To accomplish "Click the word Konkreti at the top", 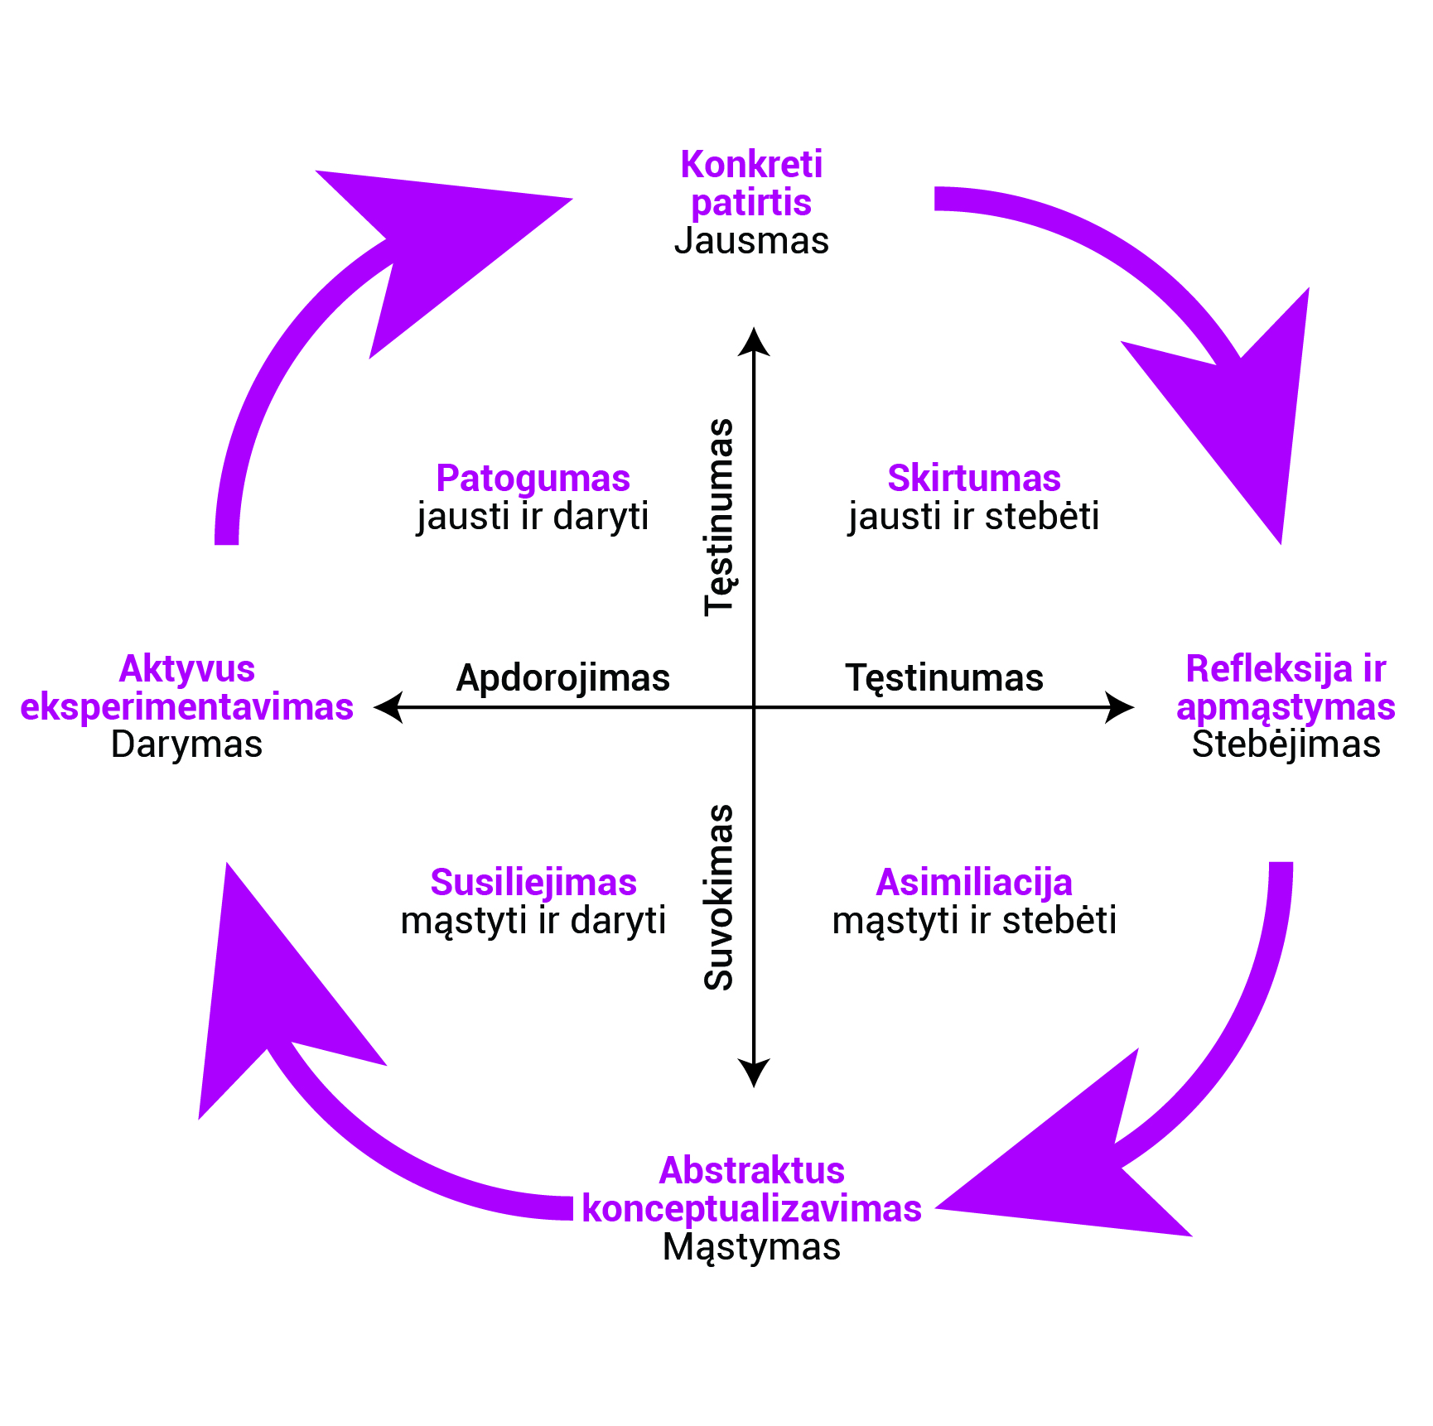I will tap(751, 165).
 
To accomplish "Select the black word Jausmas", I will tap(751, 241).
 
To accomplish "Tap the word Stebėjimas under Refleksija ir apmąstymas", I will tap(1286, 744).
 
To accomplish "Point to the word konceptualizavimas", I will tap(751, 1208).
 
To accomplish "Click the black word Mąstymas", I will tap(751, 1246).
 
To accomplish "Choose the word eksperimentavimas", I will tap(187, 706).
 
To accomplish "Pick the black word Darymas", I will tap(187, 744).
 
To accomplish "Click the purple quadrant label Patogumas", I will tap(533, 479).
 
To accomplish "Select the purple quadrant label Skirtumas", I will tap(974, 479).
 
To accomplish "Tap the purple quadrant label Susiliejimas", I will tap(533, 883).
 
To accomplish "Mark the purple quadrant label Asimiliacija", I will tap(974, 883).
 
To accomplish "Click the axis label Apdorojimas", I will tap(563, 677).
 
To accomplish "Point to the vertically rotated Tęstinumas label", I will tap(720, 517).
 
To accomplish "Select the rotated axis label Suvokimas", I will tap(720, 897).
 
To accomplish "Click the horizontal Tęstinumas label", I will tap(944, 677).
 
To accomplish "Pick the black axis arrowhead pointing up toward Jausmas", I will tap(754, 341).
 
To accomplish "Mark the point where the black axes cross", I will tap(754, 707).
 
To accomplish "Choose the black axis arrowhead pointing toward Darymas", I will tap(388, 707).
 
